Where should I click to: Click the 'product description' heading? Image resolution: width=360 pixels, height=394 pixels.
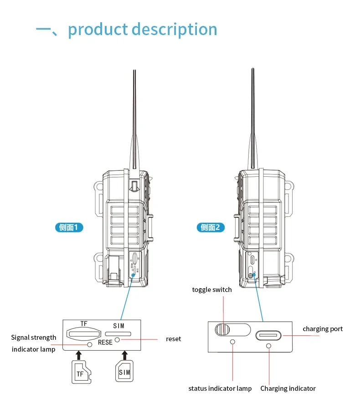tap(142, 30)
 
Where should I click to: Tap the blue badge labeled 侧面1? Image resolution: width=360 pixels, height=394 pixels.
tap(69, 227)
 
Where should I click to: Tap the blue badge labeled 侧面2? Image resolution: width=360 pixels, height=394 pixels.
tap(211, 227)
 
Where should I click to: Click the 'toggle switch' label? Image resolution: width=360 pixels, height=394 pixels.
tap(212, 290)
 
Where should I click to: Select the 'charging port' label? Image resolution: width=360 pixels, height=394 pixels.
tap(323, 329)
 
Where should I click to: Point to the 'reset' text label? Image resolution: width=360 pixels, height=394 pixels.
tap(173, 339)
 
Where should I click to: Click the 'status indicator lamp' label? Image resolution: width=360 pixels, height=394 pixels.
tap(220, 389)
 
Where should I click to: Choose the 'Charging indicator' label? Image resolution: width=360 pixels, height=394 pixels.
tap(288, 389)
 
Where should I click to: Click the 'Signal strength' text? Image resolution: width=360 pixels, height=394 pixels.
tap(34, 338)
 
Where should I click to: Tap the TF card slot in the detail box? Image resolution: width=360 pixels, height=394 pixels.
tap(83, 333)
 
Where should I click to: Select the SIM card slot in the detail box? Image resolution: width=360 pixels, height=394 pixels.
tap(118, 333)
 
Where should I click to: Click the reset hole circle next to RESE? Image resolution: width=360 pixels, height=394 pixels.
tap(118, 340)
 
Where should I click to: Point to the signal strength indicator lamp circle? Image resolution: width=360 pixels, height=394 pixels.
tap(90, 345)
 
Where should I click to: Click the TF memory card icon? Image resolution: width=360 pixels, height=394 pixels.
tap(81, 371)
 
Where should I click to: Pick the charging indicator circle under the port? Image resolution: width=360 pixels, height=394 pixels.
tap(268, 347)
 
